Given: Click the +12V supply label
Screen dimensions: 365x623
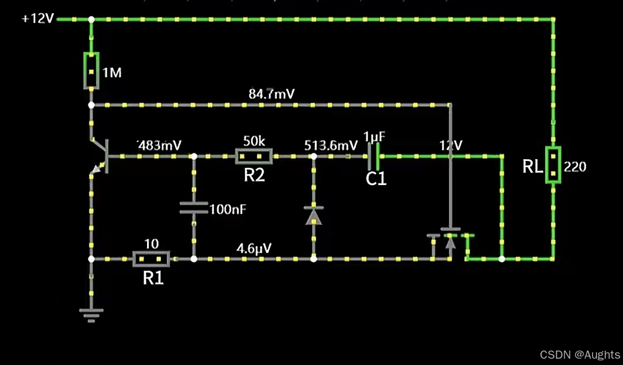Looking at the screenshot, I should click(x=38, y=18).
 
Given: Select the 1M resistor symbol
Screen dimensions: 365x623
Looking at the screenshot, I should click(x=91, y=71).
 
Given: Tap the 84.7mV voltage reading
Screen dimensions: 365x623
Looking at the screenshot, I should click(x=272, y=94).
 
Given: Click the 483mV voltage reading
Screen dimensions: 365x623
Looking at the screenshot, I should click(x=159, y=145).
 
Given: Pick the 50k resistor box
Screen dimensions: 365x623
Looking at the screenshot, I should click(x=254, y=156).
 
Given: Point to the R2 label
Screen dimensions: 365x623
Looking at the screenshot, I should click(x=254, y=175).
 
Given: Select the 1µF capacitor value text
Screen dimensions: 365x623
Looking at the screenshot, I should click(x=374, y=137).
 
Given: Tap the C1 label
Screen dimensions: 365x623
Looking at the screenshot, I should click(x=376, y=179).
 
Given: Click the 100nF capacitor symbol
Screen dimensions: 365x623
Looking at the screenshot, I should click(x=194, y=208).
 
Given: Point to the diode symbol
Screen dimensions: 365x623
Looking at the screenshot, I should click(x=314, y=215).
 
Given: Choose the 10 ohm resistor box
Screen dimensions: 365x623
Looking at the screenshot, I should click(x=151, y=259).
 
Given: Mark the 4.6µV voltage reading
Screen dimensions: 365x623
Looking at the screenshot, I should click(x=254, y=248).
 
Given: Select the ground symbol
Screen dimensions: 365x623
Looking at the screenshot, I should click(x=91, y=314).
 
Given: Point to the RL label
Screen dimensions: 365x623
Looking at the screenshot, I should click(x=532, y=167).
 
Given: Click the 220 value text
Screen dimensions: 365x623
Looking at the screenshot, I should click(x=575, y=167).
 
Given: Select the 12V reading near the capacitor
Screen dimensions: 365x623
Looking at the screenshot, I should click(x=451, y=145).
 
